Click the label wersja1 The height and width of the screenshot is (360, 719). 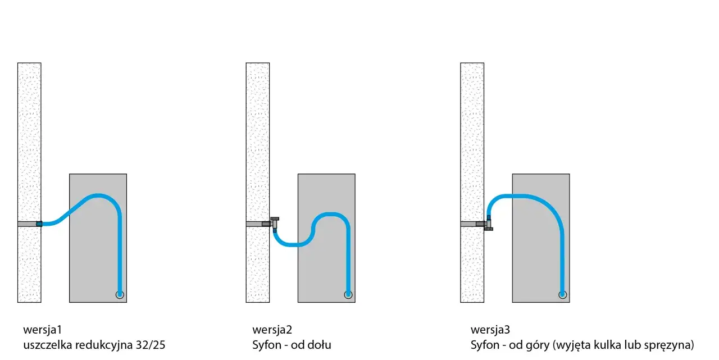[x=42, y=330]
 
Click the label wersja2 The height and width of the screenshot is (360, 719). [x=272, y=330]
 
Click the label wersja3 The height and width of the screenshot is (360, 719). [x=490, y=330]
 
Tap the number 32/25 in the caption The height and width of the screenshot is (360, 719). [x=150, y=345]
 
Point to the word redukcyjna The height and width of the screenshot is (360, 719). [x=104, y=345]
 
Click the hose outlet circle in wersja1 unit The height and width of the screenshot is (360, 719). [x=120, y=294]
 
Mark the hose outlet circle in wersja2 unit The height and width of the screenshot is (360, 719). [x=348, y=294]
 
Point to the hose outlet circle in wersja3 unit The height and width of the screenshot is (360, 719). [x=563, y=294]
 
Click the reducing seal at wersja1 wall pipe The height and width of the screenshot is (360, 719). [x=39, y=224]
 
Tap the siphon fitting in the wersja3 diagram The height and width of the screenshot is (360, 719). [x=489, y=224]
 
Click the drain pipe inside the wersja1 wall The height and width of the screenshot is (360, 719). [x=28, y=224]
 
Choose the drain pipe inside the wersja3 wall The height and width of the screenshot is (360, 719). [x=468, y=224]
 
